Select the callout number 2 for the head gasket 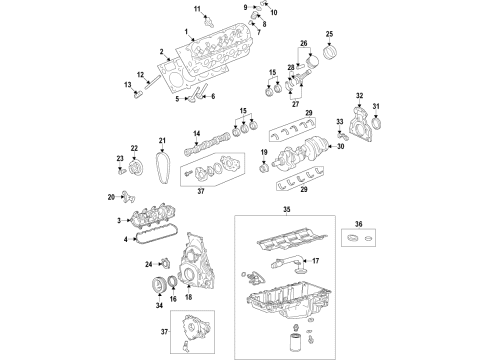(160, 51)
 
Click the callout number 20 (112, 197)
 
